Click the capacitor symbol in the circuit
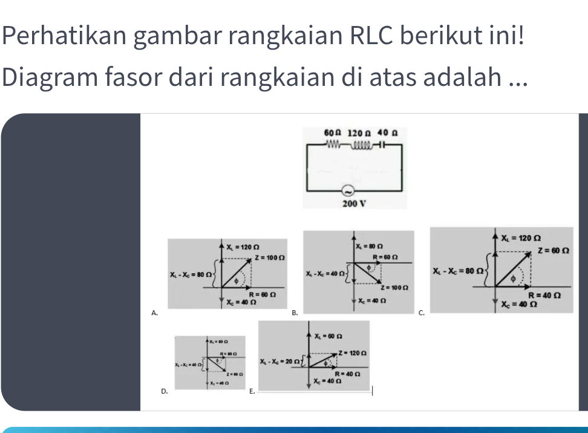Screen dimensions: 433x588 coord(381,144)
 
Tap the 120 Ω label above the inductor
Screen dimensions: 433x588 coord(359,133)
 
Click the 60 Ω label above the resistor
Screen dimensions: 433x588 coord(333,132)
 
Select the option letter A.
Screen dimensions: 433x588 coord(155,313)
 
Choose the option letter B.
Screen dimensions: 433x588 coord(295,313)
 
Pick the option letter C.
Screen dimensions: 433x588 coord(422,313)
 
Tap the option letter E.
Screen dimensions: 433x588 coord(253,391)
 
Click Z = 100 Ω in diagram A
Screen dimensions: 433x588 coord(270,258)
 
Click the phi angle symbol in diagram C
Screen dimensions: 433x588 coord(513,278)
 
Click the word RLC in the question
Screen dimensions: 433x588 coord(376,37)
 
